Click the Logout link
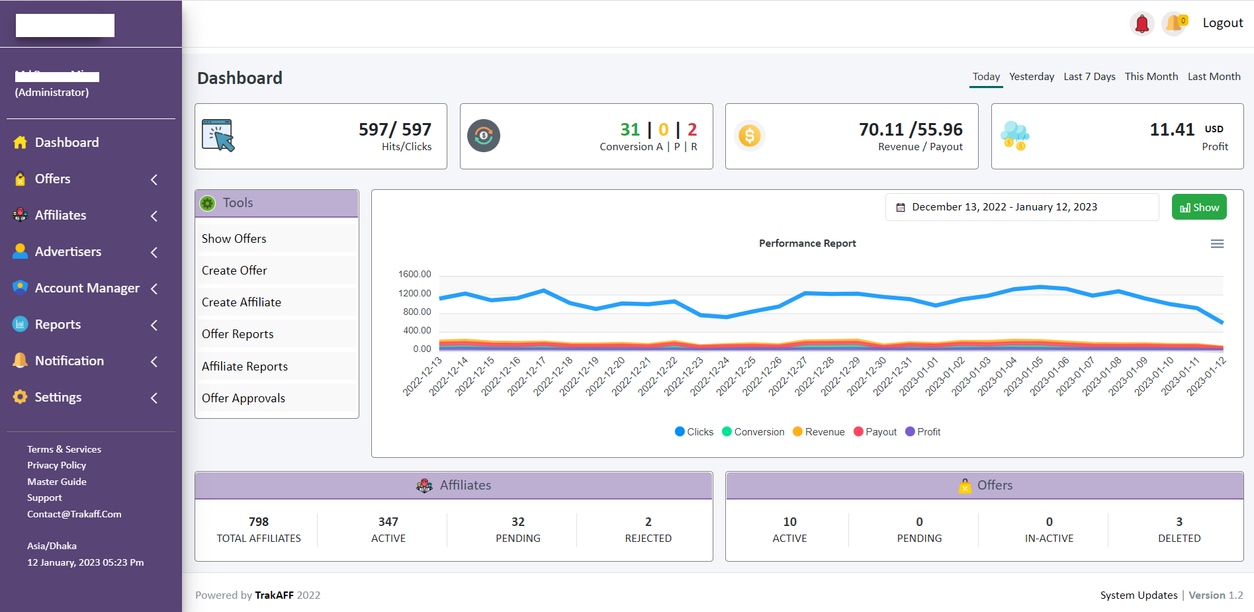tap(1222, 23)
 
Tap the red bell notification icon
tap(1142, 24)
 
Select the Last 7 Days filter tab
tap(1089, 77)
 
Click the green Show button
tap(1199, 207)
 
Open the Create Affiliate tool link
tap(242, 302)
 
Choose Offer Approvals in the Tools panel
tap(244, 398)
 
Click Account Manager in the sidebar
tap(87, 288)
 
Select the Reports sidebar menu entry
tap(58, 325)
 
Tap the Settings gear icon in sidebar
tap(21, 397)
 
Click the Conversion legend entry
tap(758, 432)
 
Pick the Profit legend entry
tap(928, 432)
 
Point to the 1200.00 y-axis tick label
tap(414, 293)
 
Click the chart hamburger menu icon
tap(1217, 244)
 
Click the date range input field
tap(1022, 207)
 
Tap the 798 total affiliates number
tap(259, 522)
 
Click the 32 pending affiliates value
tap(518, 522)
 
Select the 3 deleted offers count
tap(1179, 522)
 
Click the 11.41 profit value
tap(1172, 130)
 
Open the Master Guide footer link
tap(57, 482)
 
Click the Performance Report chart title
tap(807, 243)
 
